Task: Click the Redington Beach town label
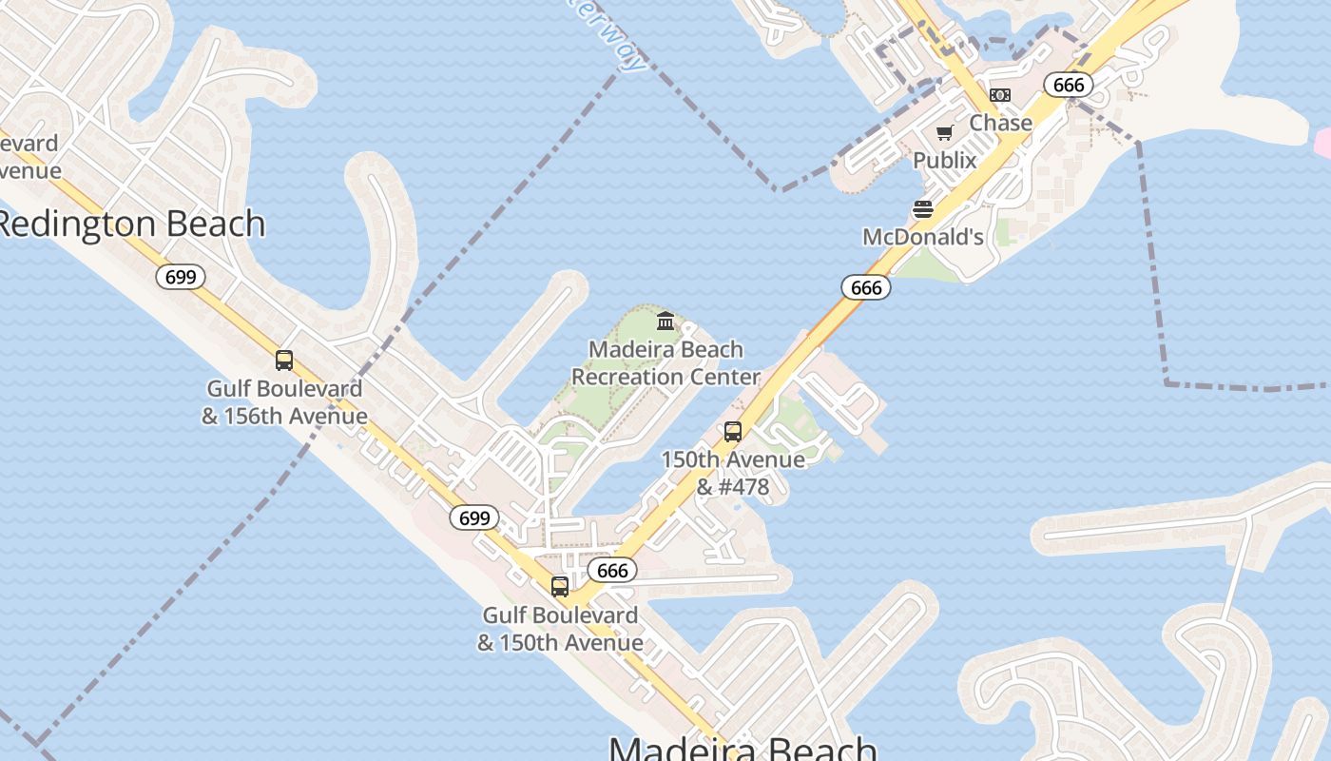pos(130,224)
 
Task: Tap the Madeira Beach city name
pos(742,747)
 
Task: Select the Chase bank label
pos(1000,123)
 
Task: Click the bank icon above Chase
pos(999,95)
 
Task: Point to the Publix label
pos(944,160)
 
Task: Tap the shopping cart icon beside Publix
pos(944,133)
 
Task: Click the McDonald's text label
pos(922,236)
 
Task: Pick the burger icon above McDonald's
pos(922,209)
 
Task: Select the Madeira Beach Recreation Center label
pos(665,362)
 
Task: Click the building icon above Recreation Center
pos(665,321)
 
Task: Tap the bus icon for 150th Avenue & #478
pos(732,432)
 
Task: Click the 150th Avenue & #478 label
pos(732,473)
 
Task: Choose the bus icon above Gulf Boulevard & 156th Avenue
pos(283,361)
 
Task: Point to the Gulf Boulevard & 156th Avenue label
pos(283,402)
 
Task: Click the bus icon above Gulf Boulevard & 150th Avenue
pos(559,587)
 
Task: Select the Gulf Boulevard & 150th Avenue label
pos(559,629)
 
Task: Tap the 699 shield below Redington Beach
pos(180,277)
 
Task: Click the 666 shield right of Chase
pos(1069,85)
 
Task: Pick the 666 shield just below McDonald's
pos(865,287)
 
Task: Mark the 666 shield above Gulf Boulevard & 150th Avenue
pos(612,570)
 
